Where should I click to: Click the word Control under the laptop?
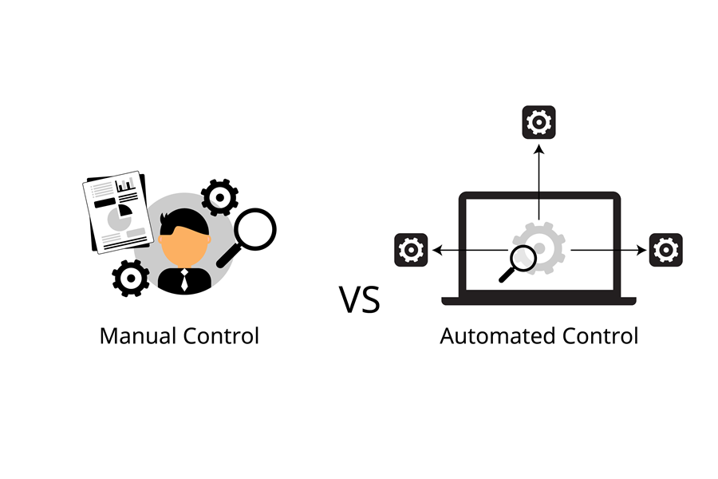click(590, 335)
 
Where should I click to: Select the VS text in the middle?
click(360, 299)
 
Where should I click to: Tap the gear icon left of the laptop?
click(412, 250)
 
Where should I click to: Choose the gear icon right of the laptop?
click(665, 250)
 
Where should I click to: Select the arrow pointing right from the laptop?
click(610, 250)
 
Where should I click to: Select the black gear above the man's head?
click(219, 196)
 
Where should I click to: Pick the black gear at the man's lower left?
click(130, 278)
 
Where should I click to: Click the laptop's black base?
click(538, 301)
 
